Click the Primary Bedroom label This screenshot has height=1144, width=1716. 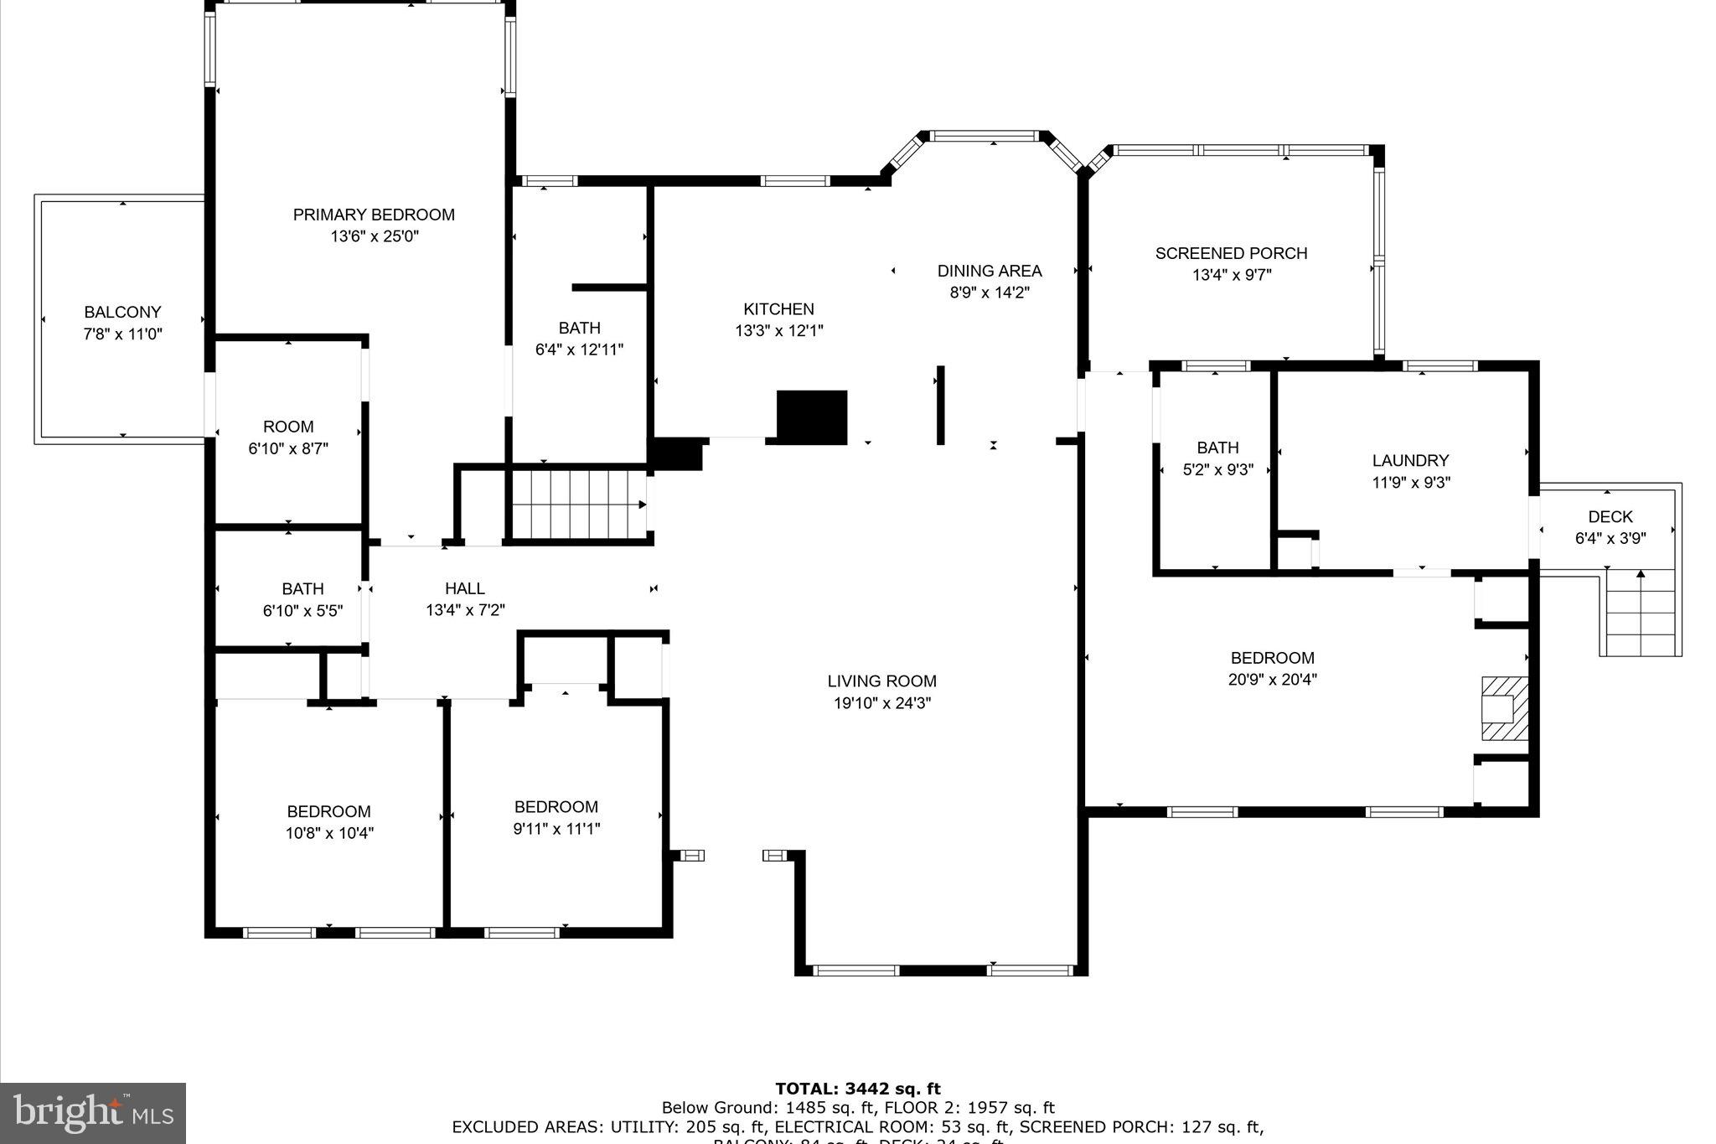pyautogui.click(x=374, y=215)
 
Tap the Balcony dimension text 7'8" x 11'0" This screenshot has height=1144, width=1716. pyautogui.click(x=122, y=334)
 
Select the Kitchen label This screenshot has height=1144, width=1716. pyautogui.click(x=778, y=309)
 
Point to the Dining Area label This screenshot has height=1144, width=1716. pyautogui.click(x=989, y=271)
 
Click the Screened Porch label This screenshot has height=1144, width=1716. pyautogui.click(x=1231, y=253)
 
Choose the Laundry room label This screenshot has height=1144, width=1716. pyautogui.click(x=1410, y=460)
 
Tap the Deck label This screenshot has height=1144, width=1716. pyautogui.click(x=1610, y=517)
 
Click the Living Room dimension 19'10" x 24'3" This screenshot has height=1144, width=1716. pyautogui.click(x=881, y=703)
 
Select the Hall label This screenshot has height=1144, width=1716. pyautogui.click(x=465, y=589)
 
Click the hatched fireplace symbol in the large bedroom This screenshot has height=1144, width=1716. pyautogui.click(x=1504, y=709)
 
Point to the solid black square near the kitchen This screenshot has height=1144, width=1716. pyautogui.click(x=812, y=417)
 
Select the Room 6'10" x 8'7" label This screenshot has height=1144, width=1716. pyautogui.click(x=288, y=427)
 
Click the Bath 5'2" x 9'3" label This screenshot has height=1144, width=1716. pyautogui.click(x=1217, y=448)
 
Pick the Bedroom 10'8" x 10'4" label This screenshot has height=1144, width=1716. pyautogui.click(x=328, y=811)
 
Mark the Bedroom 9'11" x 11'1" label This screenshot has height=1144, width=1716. pyautogui.click(x=556, y=807)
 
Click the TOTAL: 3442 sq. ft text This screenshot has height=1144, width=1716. pyautogui.click(x=857, y=1090)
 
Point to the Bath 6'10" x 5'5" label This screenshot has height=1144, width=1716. pyautogui.click(x=302, y=589)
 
